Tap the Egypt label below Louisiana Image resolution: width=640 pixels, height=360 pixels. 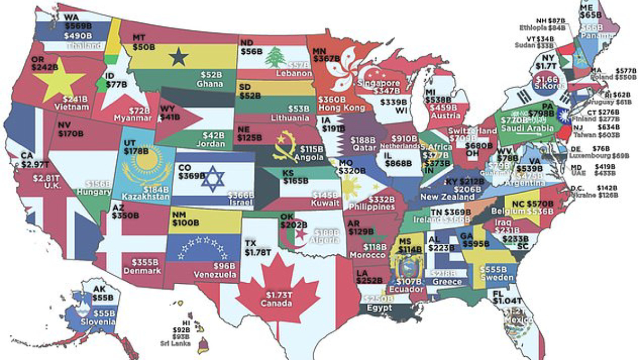[x=379, y=308]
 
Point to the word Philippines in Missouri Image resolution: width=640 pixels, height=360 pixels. [x=372, y=206]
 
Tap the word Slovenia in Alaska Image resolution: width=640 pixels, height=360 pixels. [x=98, y=322]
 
